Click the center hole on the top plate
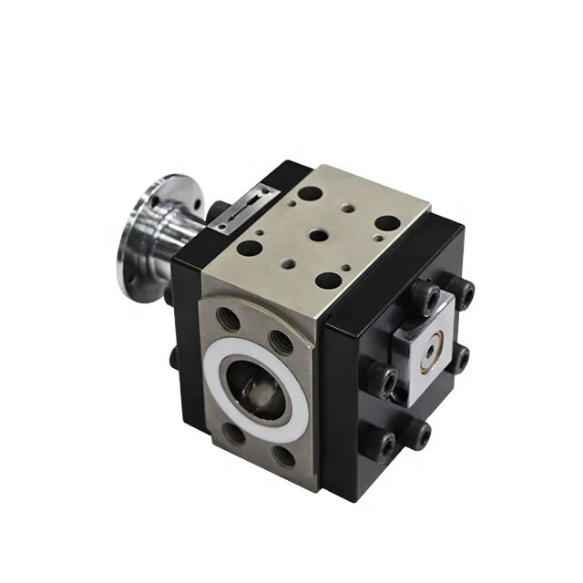coord(318,235)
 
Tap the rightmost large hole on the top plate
coord(386,223)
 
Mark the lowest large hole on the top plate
coord(326,280)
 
